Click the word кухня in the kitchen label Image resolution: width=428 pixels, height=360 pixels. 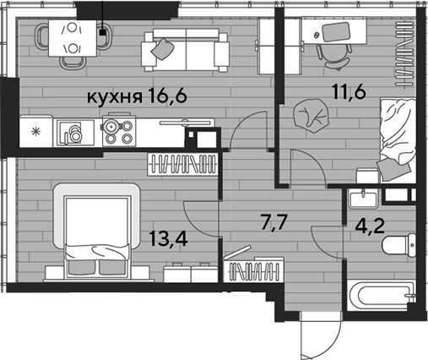pyautogui.click(x=114, y=98)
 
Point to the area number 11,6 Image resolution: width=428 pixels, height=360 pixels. pyautogui.click(x=349, y=91)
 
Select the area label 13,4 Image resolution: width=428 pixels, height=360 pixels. pyautogui.click(x=168, y=238)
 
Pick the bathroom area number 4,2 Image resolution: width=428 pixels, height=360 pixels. pyautogui.click(x=369, y=226)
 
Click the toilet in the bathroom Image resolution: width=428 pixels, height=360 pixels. pyautogui.click(x=399, y=245)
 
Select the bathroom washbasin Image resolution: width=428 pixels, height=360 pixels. pyautogui.click(x=363, y=199)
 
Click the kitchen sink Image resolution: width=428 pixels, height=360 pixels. pyautogui.click(x=75, y=133)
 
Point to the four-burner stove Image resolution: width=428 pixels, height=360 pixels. pyautogui.click(x=119, y=131)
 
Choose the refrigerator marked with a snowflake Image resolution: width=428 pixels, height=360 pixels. pyautogui.click(x=35, y=131)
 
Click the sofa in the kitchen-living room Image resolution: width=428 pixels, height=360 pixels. pyautogui.click(x=186, y=50)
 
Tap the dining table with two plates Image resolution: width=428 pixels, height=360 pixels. pyautogui.click(x=73, y=38)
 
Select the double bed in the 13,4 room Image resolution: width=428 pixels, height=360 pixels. pyautogui.click(x=96, y=234)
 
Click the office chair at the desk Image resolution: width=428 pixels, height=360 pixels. pyautogui.click(x=334, y=57)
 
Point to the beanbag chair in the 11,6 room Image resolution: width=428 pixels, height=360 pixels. pyautogui.click(x=311, y=116)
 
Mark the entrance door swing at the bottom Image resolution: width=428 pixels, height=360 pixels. pyautogui.click(x=320, y=335)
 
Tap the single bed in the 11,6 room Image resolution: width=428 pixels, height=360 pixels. pyautogui.click(x=398, y=140)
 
